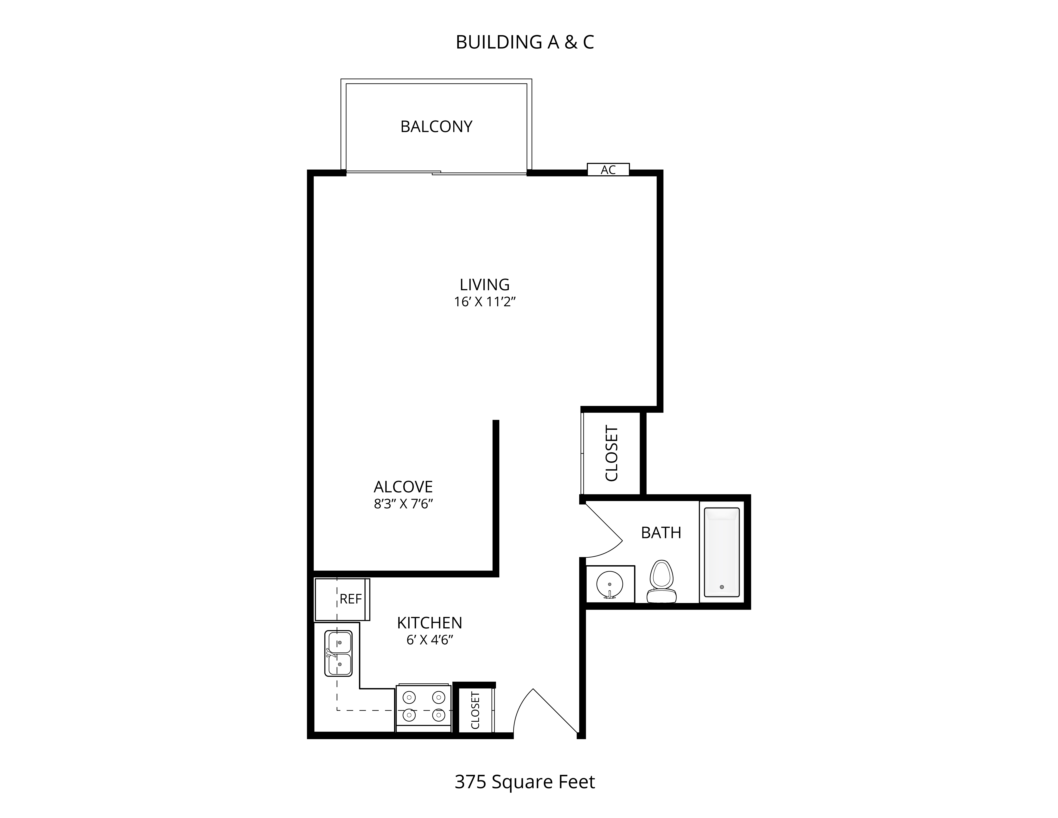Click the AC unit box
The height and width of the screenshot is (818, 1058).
point(608,169)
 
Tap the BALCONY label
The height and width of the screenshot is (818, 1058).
point(436,126)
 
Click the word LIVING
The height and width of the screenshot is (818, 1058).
point(484,285)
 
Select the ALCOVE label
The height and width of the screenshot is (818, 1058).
point(403,487)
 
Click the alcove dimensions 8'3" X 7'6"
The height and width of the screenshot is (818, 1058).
point(403,504)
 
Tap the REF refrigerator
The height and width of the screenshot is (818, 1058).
point(342,599)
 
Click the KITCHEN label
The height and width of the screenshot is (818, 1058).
point(430,623)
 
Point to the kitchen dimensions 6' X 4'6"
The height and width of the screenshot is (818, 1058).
point(430,640)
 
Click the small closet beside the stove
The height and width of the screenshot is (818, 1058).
point(476,710)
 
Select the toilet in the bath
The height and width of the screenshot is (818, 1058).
point(662,581)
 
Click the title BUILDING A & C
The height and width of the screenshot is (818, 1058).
point(525,42)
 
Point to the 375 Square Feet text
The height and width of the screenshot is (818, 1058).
point(525,782)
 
